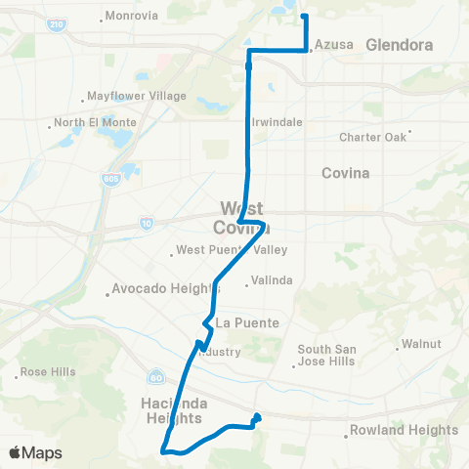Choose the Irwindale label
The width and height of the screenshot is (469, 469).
coord(278,122)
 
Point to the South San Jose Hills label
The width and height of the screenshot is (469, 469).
coord(326,355)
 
